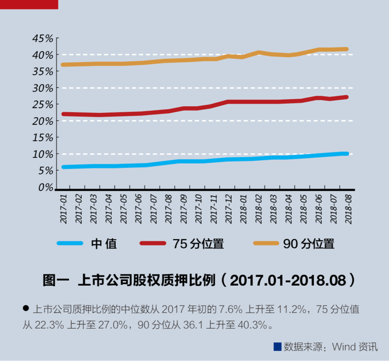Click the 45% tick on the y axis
click(43, 38)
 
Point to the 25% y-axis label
click(43, 104)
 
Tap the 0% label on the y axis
click(45, 187)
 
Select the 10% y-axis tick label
click(43, 154)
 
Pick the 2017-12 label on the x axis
click(229, 209)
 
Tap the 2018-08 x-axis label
click(348, 209)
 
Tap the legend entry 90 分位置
click(309, 244)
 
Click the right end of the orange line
click(346, 49)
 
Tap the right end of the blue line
click(346, 153)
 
